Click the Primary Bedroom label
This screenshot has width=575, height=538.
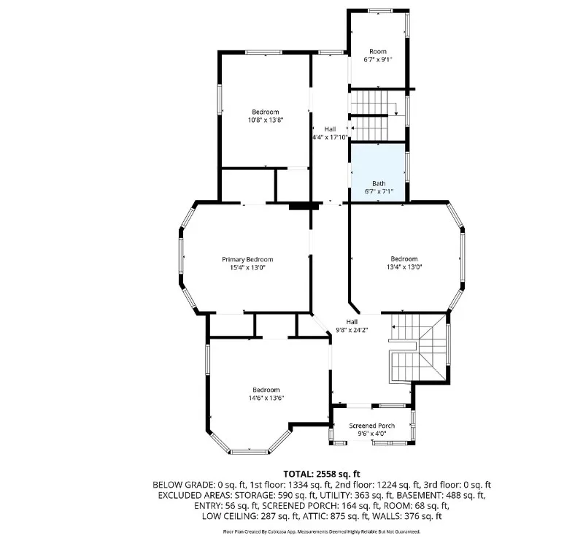coord(247,259)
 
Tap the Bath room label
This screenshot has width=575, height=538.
coord(379,183)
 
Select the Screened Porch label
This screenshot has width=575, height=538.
coord(372,426)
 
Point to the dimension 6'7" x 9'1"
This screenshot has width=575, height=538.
coord(378,59)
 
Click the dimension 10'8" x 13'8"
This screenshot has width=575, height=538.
coord(266,120)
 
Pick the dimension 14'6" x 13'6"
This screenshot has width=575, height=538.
coord(266,398)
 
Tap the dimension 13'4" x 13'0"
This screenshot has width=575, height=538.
coord(404,267)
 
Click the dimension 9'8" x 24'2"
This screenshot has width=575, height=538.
coord(352,330)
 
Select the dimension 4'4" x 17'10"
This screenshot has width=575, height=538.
coord(330,137)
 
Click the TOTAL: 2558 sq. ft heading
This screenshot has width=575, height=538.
coord(322,474)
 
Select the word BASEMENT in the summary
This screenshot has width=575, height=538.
coord(420,495)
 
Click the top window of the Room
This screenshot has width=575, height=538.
coord(380,11)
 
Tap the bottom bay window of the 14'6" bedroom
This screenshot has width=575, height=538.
coord(250,452)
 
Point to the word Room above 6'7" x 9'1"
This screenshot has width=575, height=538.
coord(378,51)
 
